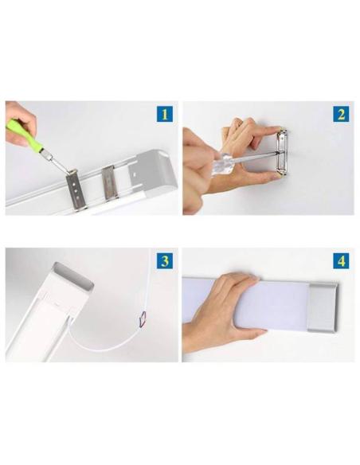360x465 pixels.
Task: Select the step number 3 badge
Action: click(164, 260)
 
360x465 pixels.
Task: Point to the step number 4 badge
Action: click(341, 260)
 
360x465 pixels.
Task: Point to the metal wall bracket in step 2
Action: click(280, 152)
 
